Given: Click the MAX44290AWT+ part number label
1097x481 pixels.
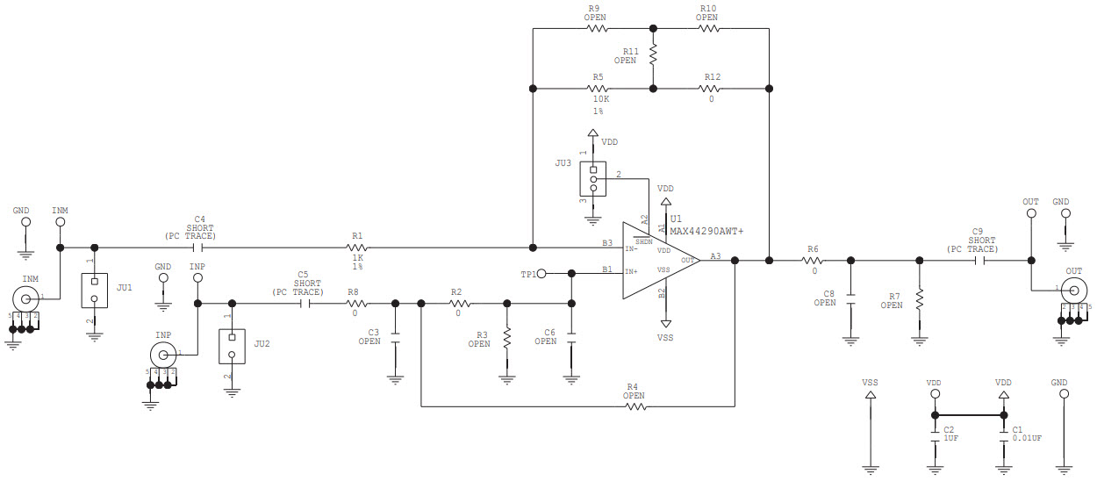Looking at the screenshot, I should (x=706, y=232).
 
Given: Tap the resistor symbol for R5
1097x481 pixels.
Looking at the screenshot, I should (x=598, y=89).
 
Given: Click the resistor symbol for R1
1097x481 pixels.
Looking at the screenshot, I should (x=357, y=248).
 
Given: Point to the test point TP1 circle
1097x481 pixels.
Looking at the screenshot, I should (x=542, y=274).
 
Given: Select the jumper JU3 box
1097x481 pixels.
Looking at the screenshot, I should (x=592, y=179).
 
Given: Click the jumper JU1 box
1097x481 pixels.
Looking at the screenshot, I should (x=94, y=290).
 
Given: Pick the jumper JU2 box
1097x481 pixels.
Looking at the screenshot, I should (x=232, y=346).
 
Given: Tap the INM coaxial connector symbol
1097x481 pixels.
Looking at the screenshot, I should (x=24, y=296).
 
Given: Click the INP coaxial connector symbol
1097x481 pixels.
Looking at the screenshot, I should (x=161, y=355).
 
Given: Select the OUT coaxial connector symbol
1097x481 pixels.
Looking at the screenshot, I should (x=1074, y=289).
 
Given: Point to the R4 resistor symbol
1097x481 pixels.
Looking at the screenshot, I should (x=633, y=406).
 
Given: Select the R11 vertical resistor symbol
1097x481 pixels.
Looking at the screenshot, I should (x=653, y=54).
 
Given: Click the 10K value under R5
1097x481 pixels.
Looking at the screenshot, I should (x=598, y=100).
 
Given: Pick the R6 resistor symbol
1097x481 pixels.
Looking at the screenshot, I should (x=814, y=260).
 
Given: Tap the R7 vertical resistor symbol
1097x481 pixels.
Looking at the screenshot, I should (x=919, y=300).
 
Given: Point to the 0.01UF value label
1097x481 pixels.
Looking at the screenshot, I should (x=1027, y=438).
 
